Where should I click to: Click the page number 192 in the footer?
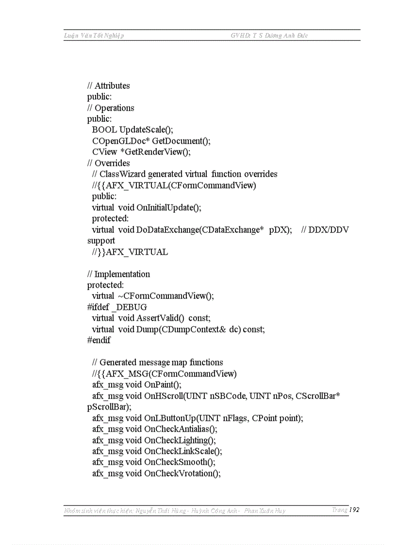coord(354,510)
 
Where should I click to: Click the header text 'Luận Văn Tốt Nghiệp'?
coord(94,35)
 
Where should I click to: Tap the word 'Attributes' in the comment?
coord(112,86)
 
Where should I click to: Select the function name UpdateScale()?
coord(146,130)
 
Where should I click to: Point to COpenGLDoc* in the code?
coord(121,141)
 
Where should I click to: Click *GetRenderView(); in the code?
coord(155,152)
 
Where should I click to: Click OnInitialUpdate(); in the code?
coord(168,208)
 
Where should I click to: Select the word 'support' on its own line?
coord(101,241)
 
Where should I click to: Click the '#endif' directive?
coord(99,340)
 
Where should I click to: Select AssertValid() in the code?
coord(161,318)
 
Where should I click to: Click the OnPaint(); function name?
coord(163,385)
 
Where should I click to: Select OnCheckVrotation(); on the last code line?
coord(182,473)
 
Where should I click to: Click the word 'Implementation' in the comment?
coord(122,274)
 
